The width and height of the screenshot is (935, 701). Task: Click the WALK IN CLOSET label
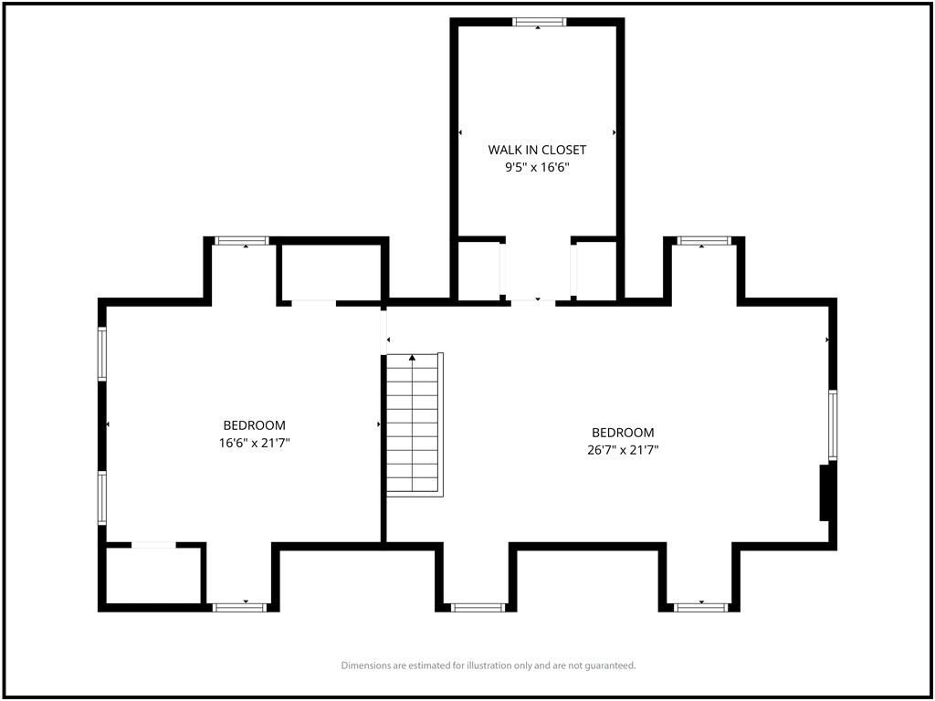tap(537, 150)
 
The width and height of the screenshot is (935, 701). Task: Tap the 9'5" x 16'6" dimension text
tap(537, 168)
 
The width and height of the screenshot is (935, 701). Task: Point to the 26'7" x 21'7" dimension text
tap(623, 450)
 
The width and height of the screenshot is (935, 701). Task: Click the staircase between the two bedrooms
tap(415, 424)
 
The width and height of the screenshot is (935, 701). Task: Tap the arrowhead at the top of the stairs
tap(412, 358)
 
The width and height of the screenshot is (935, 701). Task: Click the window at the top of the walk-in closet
tap(539, 22)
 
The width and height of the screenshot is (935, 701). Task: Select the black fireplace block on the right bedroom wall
tap(825, 493)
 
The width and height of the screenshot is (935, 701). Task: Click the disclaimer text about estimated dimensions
tap(489, 664)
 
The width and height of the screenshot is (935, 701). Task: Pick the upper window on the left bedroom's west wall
tap(102, 353)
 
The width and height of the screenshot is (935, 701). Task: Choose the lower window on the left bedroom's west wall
tap(102, 498)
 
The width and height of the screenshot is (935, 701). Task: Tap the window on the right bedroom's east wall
tap(833, 425)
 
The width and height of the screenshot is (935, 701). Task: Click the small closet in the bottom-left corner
tap(153, 575)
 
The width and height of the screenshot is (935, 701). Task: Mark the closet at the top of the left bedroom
tap(331, 272)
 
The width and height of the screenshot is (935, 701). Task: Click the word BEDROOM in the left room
tap(255, 425)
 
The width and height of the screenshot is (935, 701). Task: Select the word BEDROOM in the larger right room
tap(623, 432)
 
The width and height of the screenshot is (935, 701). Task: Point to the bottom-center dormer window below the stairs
tap(478, 607)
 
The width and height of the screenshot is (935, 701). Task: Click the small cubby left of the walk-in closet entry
tap(478, 271)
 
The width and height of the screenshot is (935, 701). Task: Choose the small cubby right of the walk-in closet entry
tap(596, 271)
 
